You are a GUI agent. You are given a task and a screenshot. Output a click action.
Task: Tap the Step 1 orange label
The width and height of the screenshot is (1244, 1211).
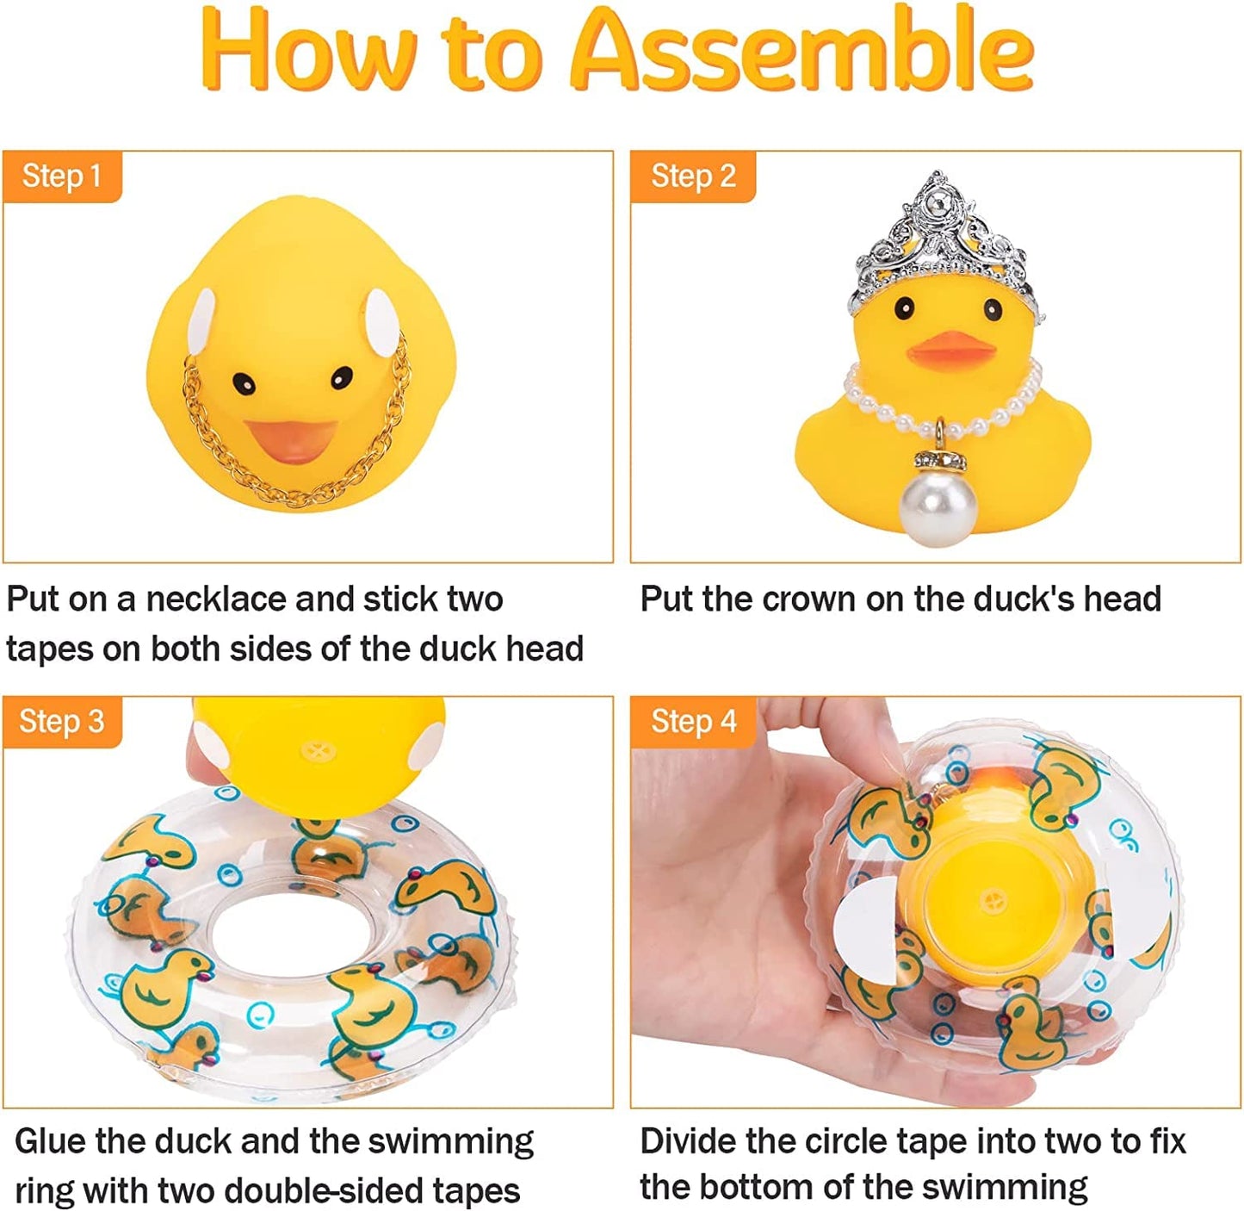[62, 176]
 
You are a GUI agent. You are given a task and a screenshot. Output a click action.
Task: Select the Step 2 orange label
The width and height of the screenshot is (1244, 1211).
[693, 176]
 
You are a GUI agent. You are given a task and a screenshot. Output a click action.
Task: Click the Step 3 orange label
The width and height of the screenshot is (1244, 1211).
[62, 721]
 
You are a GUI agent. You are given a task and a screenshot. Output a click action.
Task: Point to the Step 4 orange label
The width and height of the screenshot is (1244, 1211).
[693, 721]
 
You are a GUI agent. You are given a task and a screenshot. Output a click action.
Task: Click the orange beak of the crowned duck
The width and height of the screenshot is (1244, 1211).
[954, 347]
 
